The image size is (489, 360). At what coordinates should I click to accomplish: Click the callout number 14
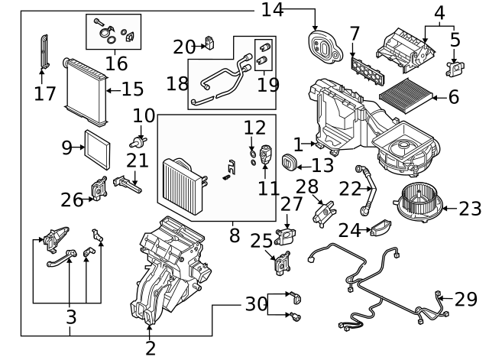[272, 10]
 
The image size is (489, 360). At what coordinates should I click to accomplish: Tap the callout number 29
[465, 299]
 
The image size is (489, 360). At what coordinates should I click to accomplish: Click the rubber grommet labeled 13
[290, 163]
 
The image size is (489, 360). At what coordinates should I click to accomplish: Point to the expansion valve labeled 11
[267, 153]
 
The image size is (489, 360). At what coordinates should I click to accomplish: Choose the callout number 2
[150, 349]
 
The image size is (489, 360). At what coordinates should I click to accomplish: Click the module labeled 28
[326, 209]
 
